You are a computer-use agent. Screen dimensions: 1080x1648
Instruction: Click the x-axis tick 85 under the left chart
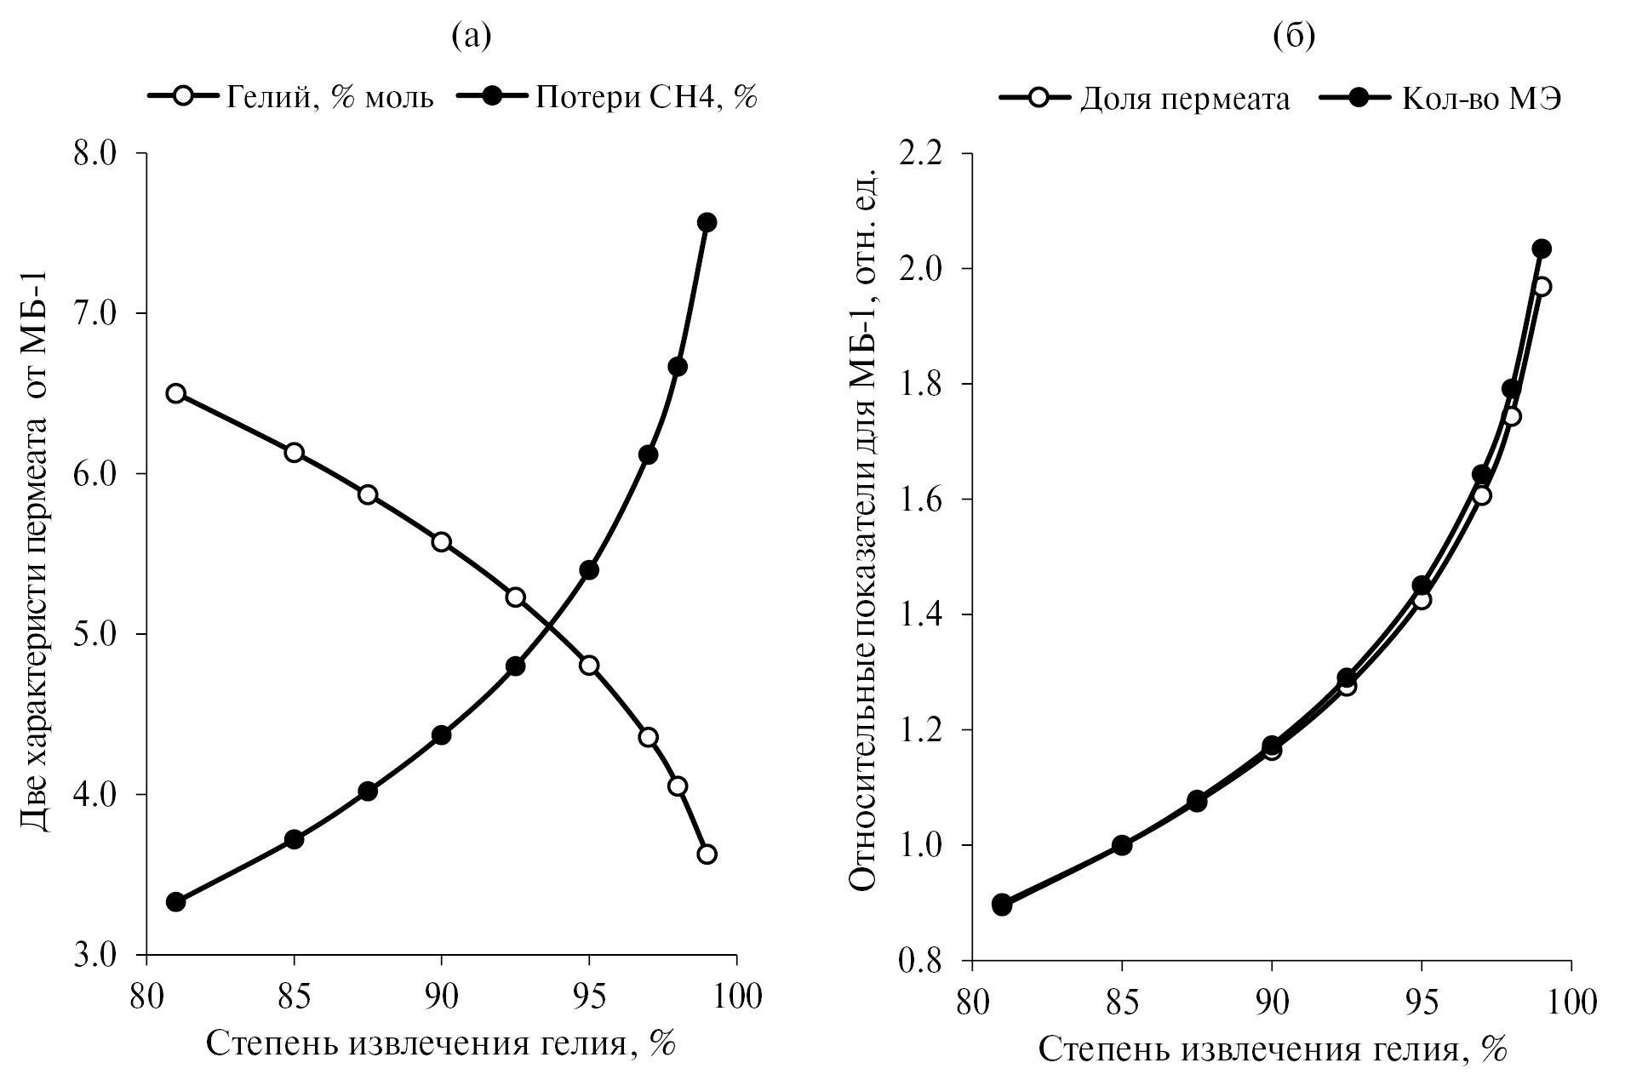(x=294, y=996)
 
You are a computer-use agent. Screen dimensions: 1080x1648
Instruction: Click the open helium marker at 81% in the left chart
(x=176, y=393)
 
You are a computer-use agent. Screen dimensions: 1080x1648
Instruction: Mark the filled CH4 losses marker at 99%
(x=707, y=222)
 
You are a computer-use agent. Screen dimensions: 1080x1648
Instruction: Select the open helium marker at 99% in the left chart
(x=707, y=854)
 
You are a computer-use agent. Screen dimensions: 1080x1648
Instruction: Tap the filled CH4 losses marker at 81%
(x=176, y=902)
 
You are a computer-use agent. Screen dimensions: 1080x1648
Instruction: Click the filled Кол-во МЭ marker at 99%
(x=1542, y=249)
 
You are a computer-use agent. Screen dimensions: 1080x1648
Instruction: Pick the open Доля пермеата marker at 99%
(x=1542, y=287)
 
